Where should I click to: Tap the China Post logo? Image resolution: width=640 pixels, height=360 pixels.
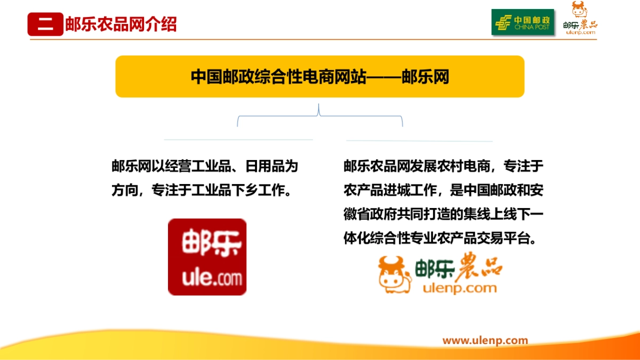(523, 22)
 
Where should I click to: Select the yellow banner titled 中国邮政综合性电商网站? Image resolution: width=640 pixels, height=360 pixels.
(319, 77)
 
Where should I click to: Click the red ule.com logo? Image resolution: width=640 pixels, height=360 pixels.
(207, 257)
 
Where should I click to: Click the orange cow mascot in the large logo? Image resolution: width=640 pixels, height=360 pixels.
(395, 274)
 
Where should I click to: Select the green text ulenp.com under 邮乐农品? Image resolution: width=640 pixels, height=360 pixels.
(459, 289)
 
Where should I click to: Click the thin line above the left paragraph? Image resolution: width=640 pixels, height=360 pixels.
(238, 140)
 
